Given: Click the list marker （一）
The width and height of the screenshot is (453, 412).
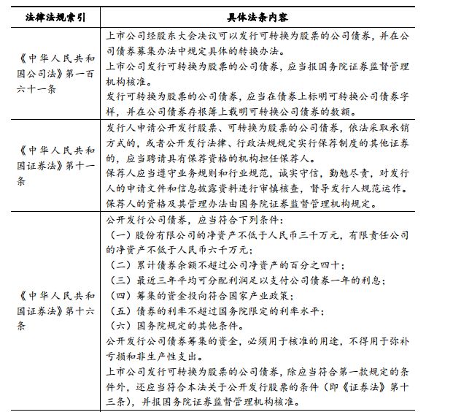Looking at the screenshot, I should point(117,234).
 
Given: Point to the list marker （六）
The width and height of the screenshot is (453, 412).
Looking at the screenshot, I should point(117,327).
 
